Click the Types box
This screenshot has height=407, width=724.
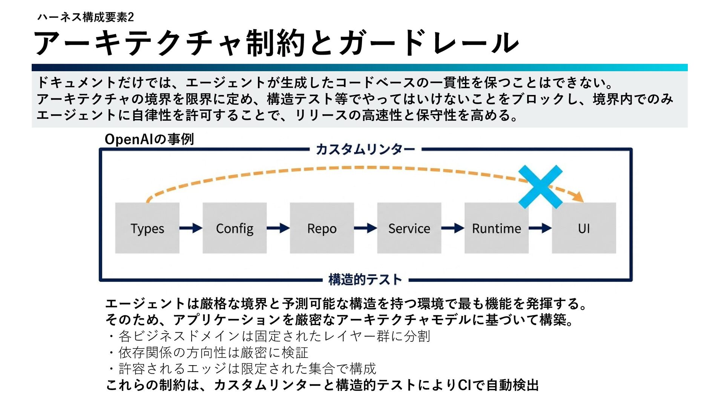(147, 228)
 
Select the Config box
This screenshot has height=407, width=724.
(235, 228)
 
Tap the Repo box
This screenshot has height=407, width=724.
(322, 228)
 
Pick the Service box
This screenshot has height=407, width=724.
(409, 228)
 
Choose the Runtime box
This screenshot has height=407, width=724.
(496, 228)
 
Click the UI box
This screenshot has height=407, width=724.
(584, 228)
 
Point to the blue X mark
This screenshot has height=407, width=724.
(540, 187)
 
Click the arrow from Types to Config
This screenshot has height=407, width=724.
(191, 228)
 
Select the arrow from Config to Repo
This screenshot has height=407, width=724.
(278, 228)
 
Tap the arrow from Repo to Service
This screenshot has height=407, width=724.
(365, 228)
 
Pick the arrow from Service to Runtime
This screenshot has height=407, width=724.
(453, 228)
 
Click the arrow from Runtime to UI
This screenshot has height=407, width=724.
(540, 228)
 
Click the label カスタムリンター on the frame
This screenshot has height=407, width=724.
(365, 149)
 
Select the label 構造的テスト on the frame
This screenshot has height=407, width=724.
(365, 280)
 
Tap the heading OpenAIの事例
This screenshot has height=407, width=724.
(149, 139)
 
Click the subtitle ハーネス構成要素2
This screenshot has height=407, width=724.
(86, 17)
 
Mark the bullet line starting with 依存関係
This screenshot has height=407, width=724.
(213, 352)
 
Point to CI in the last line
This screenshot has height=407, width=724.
(464, 385)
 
